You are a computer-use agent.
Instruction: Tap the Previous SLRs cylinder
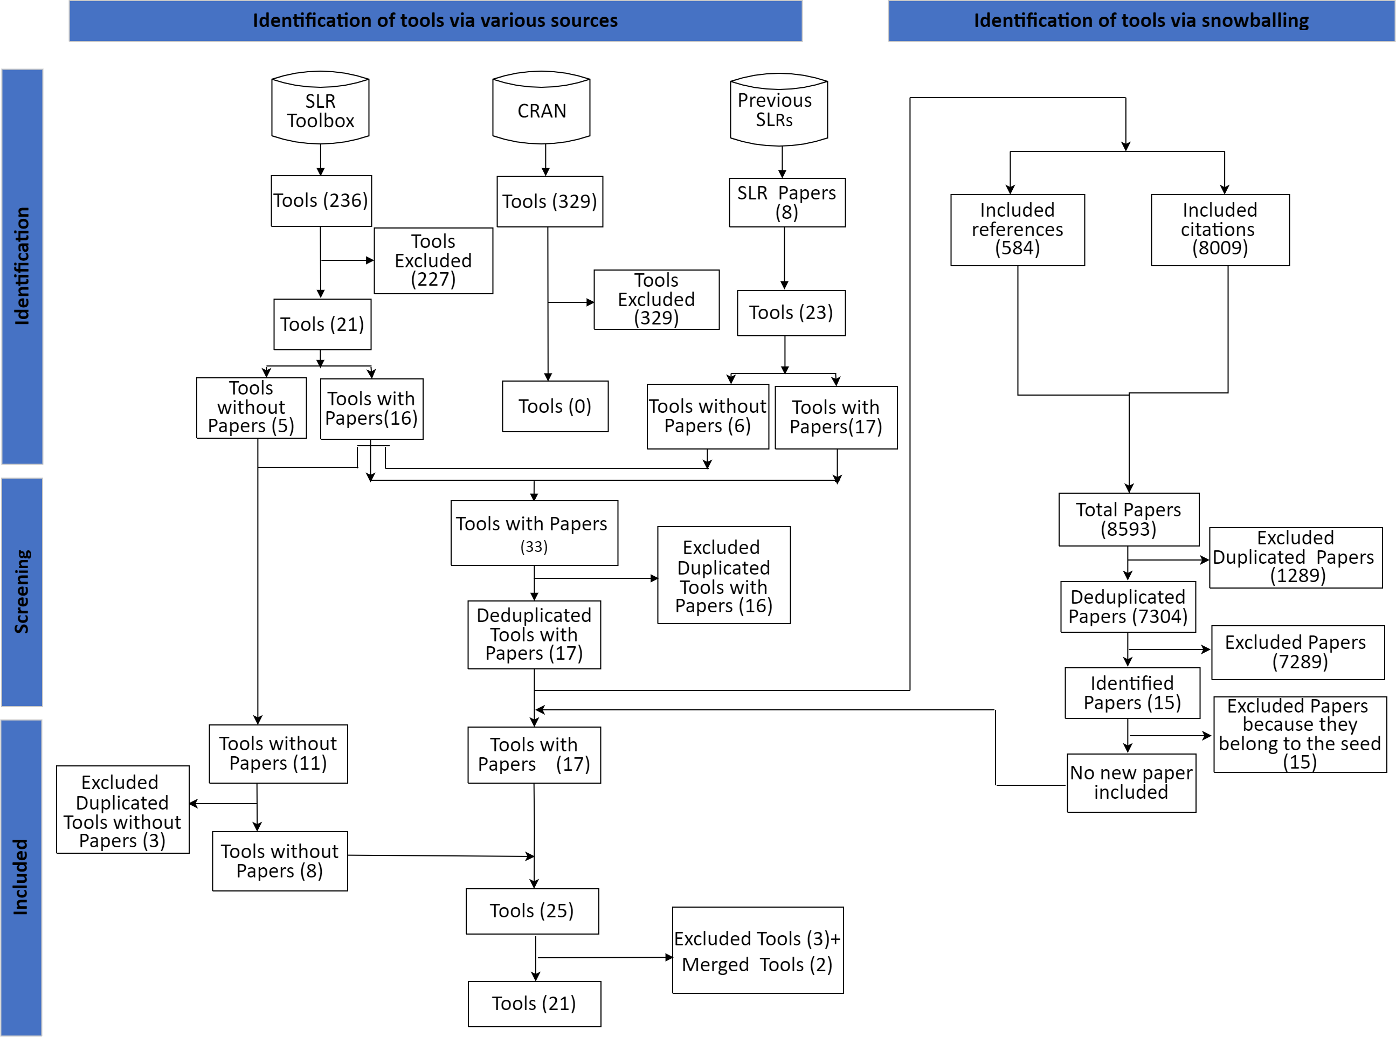coord(778,109)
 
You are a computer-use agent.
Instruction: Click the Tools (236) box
coord(321,201)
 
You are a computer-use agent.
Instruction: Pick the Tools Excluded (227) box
coord(433,260)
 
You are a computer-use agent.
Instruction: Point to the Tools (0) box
coord(555,406)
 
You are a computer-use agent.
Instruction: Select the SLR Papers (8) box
coord(786,202)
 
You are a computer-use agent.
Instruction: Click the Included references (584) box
coord(1017,229)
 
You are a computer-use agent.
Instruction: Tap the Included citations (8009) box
coord(1219,229)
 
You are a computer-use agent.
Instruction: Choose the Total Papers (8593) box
coord(1128,519)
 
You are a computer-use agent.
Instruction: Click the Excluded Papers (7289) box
coord(1297,652)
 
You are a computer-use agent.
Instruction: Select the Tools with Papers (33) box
coord(534,533)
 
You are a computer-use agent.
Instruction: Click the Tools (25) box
coord(531,911)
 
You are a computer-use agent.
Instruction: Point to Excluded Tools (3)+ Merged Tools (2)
coord(757,950)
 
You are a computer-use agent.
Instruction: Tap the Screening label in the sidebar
coord(22,591)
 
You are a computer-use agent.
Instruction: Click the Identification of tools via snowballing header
coord(1141,20)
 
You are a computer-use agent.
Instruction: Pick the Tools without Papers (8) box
coord(279,861)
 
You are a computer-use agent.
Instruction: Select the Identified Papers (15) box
coord(1132,693)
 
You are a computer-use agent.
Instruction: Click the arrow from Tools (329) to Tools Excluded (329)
coord(571,302)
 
